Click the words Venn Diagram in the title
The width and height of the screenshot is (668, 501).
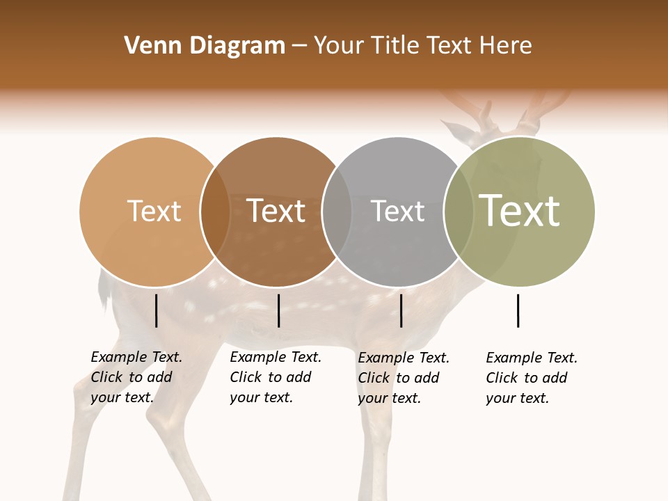pyautogui.click(x=205, y=46)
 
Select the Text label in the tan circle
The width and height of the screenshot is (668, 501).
pyautogui.click(x=154, y=212)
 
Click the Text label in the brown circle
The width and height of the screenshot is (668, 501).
pyautogui.click(x=276, y=212)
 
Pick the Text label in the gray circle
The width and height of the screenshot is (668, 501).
pyautogui.click(x=397, y=212)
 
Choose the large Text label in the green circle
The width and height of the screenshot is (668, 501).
pyautogui.click(x=520, y=210)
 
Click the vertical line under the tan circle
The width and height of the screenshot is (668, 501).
pyautogui.click(x=156, y=310)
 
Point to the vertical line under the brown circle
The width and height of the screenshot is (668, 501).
pyautogui.click(x=278, y=310)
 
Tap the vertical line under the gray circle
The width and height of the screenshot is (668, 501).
pyautogui.click(x=401, y=310)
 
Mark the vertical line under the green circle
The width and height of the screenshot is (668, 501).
pyautogui.click(x=518, y=310)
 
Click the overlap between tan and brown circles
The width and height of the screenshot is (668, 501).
pyautogui.click(x=215, y=212)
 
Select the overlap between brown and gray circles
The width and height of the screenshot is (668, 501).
pyautogui.click(x=337, y=212)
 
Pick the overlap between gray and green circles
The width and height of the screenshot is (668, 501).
pyautogui.click(x=459, y=212)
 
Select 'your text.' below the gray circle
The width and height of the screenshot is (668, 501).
pyautogui.click(x=389, y=398)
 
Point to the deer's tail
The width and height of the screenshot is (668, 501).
pyautogui.click(x=105, y=292)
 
